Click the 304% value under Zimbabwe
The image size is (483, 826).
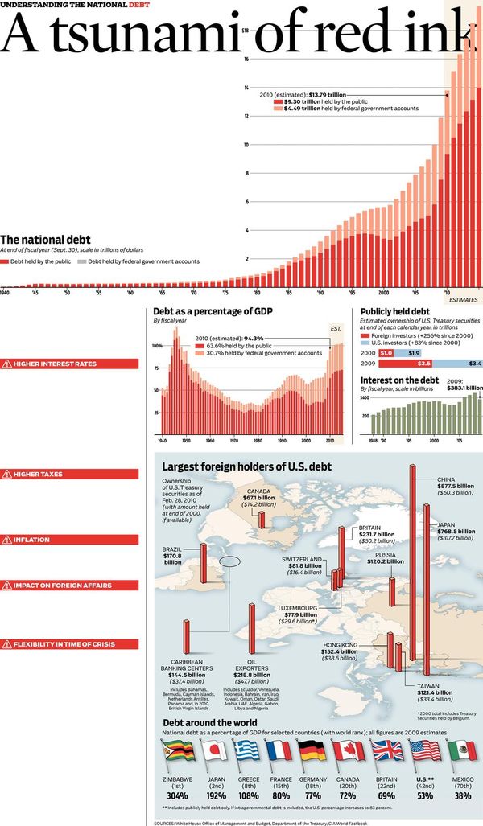coord(177,795)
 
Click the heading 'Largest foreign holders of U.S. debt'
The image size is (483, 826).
coord(246,466)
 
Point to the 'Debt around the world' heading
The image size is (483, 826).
coord(211,722)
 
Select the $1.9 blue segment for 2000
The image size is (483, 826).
coord(412,353)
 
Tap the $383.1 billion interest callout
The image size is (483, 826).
coord(464,386)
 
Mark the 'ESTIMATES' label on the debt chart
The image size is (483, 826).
coord(463,299)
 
